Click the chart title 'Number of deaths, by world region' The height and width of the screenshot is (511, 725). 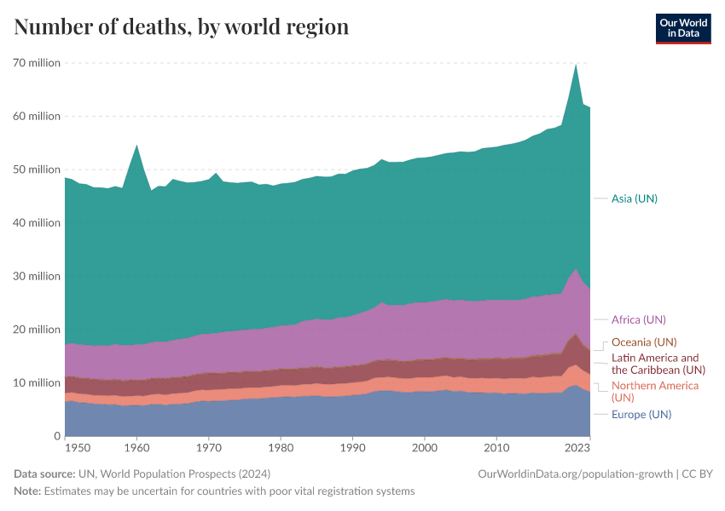click(x=182, y=27)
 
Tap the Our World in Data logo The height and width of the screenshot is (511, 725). click(x=682, y=28)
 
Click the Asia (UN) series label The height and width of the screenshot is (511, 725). click(x=634, y=198)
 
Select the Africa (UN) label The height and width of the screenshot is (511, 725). click(x=638, y=319)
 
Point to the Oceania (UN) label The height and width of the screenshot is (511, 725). click(x=643, y=342)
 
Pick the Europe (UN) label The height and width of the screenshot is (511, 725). click(x=641, y=415)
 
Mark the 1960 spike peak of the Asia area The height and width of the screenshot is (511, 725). click(x=136, y=146)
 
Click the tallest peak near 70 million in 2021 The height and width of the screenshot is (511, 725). click(x=576, y=65)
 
